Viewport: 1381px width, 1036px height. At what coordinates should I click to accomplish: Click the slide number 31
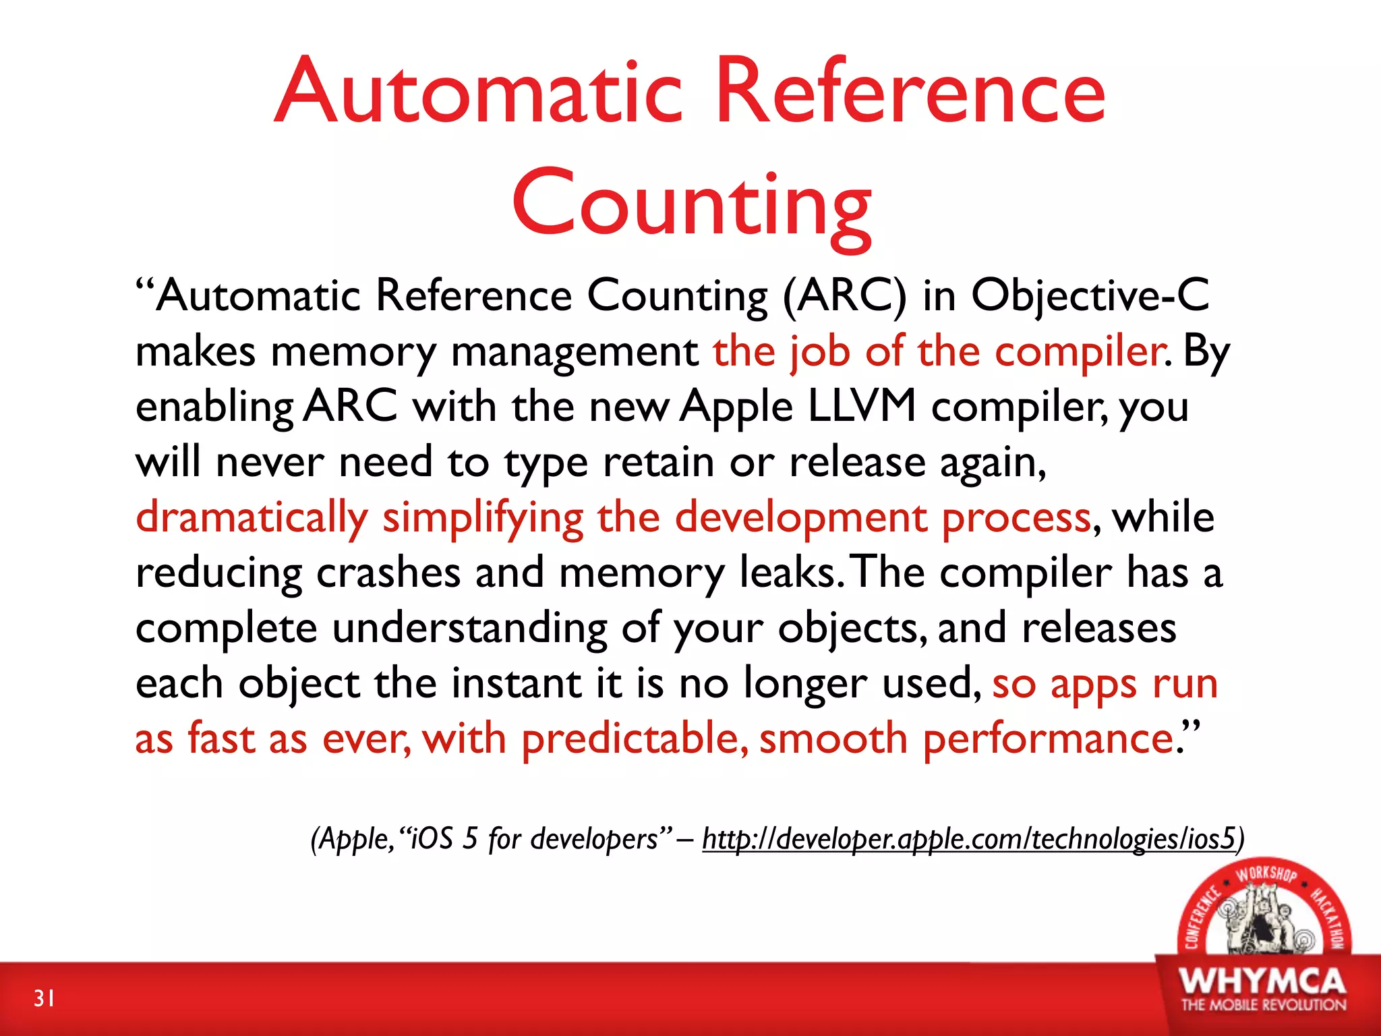tap(45, 998)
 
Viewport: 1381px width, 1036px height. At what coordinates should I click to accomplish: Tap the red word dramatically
tap(252, 518)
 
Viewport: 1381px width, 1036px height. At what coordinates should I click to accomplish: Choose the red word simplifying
tap(483, 518)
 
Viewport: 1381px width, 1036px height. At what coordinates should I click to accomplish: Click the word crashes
tap(388, 573)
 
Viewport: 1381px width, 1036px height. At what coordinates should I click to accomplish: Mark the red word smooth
tap(833, 739)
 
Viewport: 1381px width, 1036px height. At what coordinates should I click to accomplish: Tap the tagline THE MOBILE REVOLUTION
tap(1263, 1005)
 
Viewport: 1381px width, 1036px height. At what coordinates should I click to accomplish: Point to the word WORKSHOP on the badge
tap(1266, 874)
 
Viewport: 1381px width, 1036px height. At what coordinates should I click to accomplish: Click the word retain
tap(658, 462)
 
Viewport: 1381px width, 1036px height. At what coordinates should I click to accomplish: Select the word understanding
tap(469, 629)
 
